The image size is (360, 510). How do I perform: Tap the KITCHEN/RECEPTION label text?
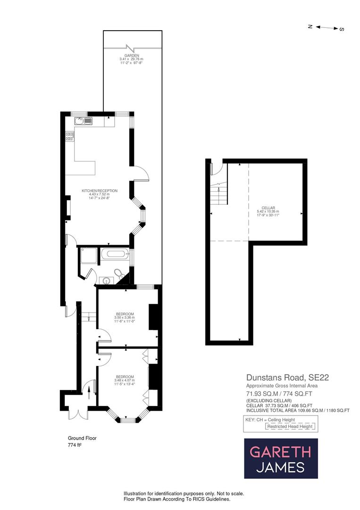100,191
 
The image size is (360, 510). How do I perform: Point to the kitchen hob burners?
70,137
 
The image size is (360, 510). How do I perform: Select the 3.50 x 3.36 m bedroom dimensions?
125,318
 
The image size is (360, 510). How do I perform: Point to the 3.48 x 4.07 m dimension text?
125,381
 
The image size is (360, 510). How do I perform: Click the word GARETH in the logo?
280,452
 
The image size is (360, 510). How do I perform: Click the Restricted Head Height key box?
290,426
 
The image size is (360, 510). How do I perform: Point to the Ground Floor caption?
82,438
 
